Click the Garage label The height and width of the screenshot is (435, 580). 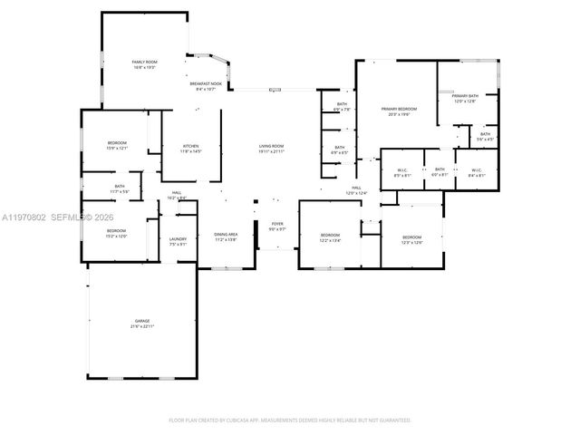pos(142,323)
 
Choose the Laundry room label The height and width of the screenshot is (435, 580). pos(177,241)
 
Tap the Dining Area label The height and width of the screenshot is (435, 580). pos(226,237)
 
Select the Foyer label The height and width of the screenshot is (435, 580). pos(276,227)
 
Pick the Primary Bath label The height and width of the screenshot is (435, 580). pos(465,98)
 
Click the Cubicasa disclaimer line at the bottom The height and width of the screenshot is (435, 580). pos(290,420)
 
